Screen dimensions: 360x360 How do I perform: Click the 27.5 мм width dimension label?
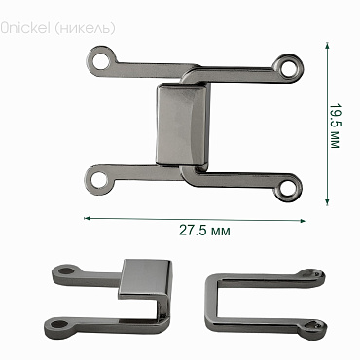(204, 231)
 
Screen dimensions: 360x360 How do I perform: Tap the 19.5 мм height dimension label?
(335, 126)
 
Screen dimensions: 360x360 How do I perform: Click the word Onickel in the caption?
(25, 28)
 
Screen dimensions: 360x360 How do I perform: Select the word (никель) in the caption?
(86, 28)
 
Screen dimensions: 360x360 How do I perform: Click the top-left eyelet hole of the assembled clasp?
(101, 62)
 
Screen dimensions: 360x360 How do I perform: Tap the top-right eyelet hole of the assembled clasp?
(287, 68)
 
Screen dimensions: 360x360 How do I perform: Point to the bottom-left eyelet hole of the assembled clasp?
(99, 179)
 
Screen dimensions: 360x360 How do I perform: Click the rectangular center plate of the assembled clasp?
(183, 125)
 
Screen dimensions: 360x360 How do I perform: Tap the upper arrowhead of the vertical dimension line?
(327, 46)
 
